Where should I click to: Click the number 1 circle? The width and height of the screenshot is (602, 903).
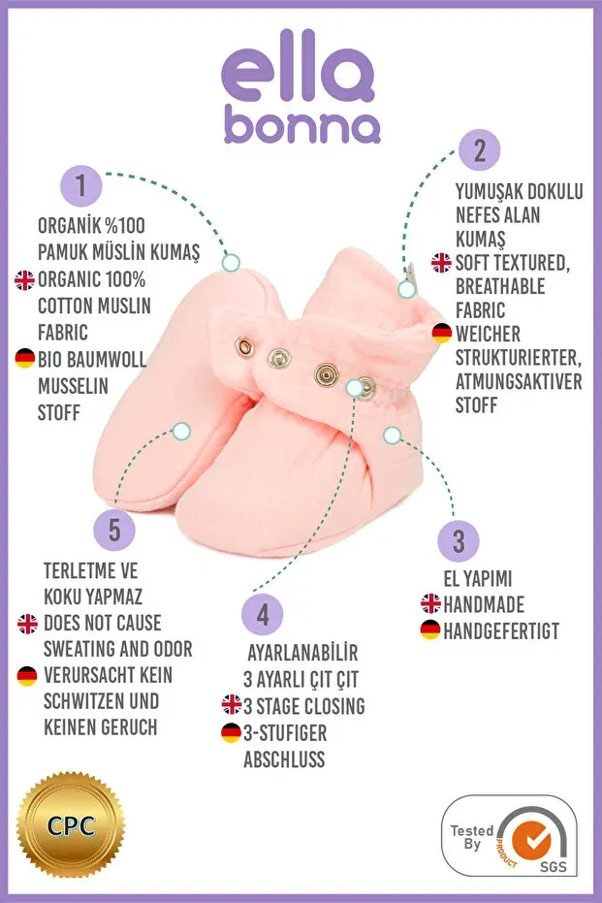click(81, 185)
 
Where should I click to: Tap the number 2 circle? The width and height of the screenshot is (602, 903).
click(480, 150)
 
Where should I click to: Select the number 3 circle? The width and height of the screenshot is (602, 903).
click(459, 541)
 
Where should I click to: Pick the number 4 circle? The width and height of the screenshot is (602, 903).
click(263, 614)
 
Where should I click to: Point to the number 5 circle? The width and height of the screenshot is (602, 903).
click(114, 530)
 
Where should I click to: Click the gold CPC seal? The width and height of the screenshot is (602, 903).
click(70, 825)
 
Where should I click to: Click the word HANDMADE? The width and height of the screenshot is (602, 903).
click(484, 604)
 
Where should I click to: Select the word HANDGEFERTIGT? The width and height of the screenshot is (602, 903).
click(501, 631)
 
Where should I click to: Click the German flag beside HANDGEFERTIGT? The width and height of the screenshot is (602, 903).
click(429, 629)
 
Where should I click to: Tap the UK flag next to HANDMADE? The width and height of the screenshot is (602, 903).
click(430, 603)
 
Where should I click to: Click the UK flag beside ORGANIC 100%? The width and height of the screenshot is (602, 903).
click(25, 280)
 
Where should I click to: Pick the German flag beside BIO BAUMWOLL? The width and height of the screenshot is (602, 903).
click(25, 358)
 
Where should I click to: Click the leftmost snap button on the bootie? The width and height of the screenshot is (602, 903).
click(244, 346)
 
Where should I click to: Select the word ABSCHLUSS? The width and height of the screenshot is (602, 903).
click(284, 759)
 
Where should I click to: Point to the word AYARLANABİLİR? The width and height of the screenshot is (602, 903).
click(302, 653)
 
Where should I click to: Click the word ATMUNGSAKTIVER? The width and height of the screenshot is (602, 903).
click(519, 381)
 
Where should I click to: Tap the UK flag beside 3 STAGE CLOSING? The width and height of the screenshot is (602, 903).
click(232, 704)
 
